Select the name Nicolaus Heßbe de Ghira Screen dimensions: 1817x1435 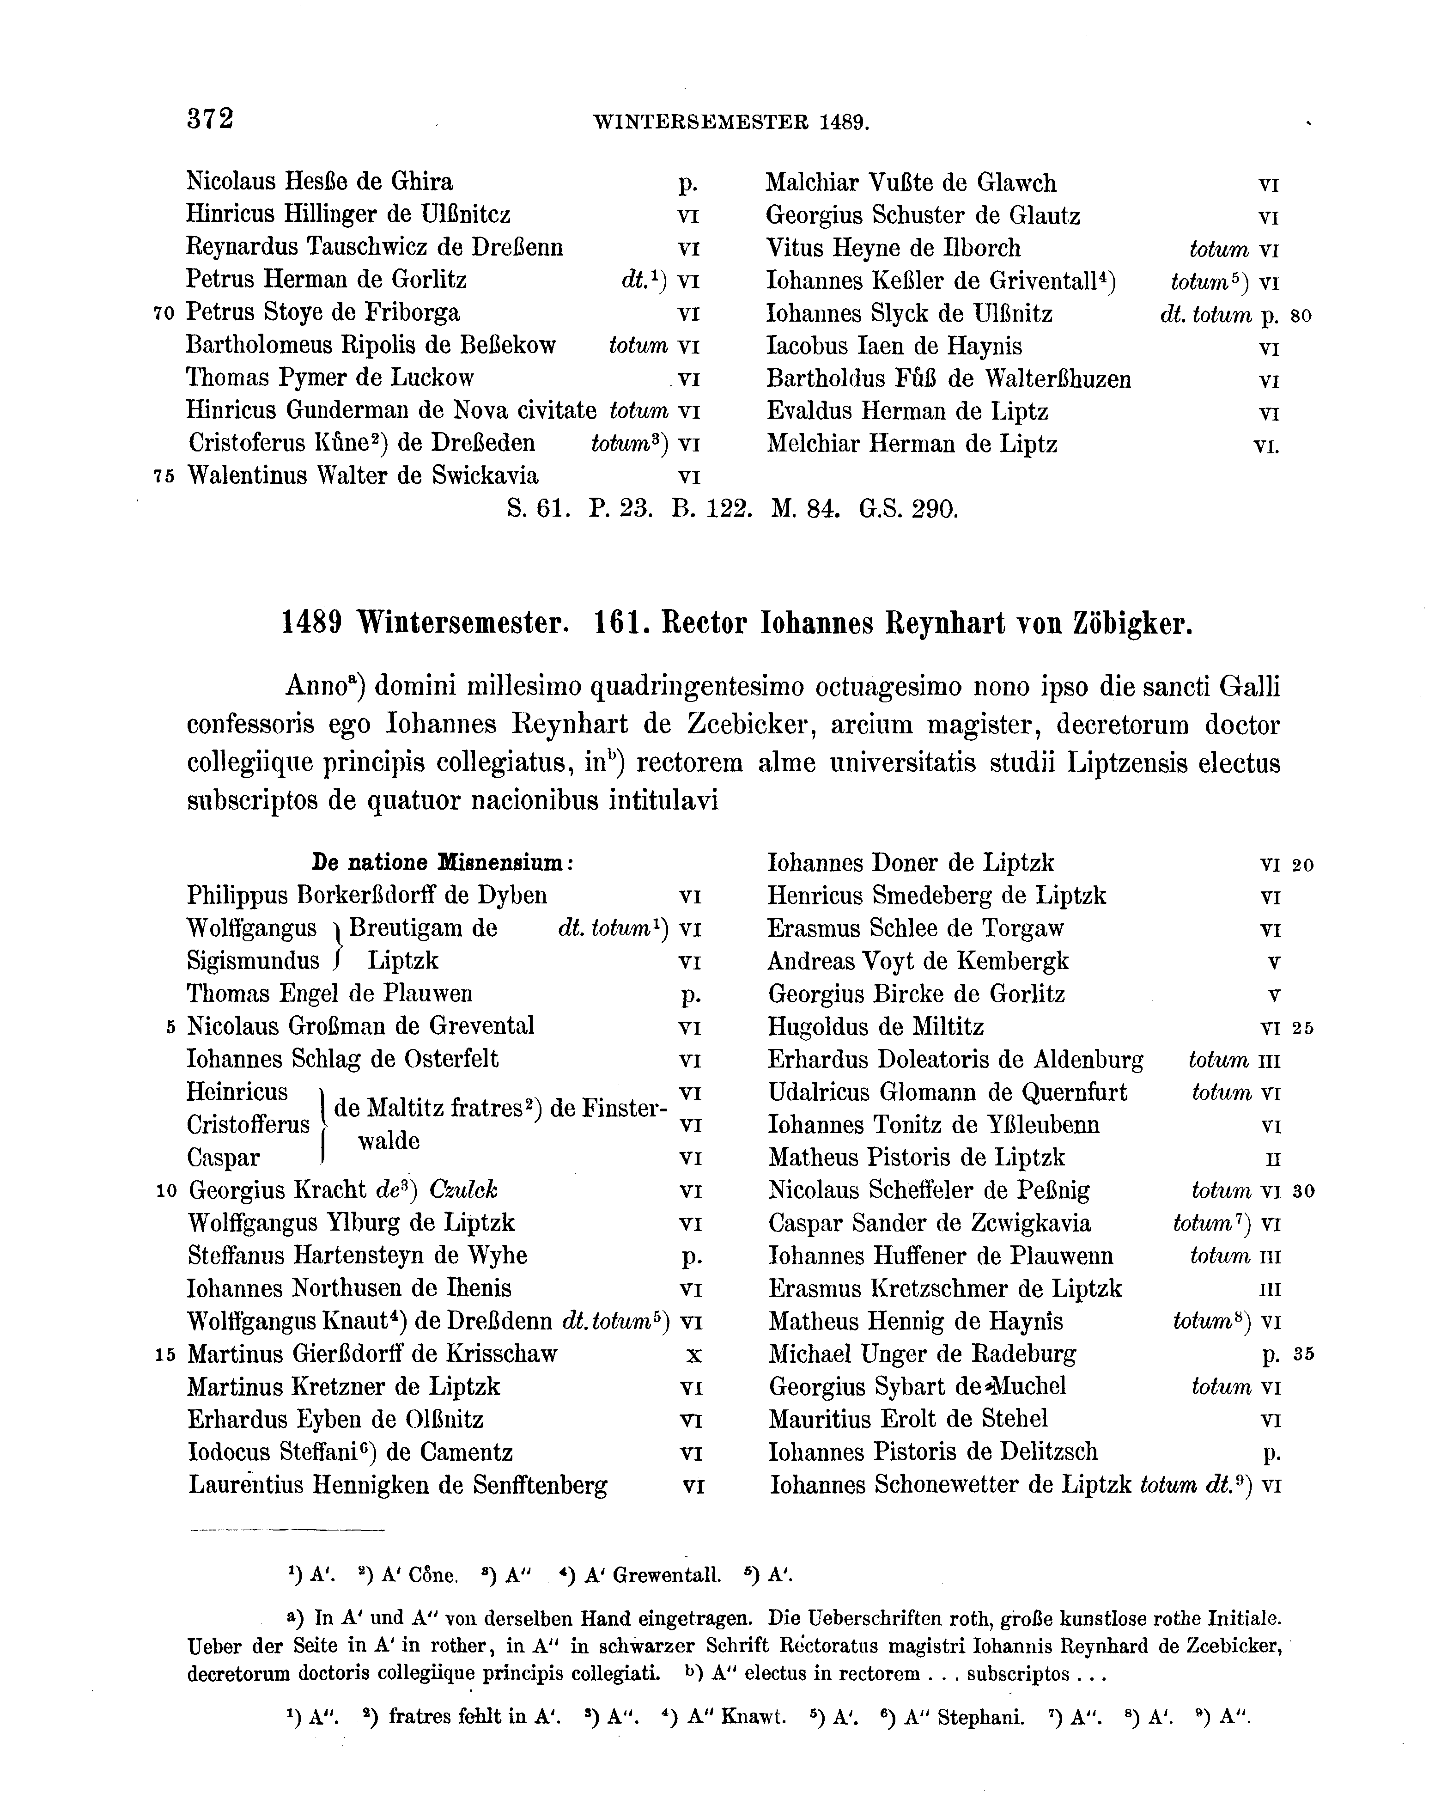[319, 182]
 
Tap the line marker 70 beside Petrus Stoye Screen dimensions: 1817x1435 [164, 314]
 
